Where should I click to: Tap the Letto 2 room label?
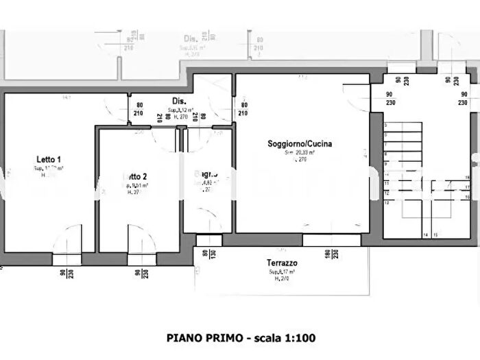(x=136, y=176)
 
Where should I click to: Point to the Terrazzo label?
(x=282, y=263)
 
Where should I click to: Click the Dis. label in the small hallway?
(x=178, y=101)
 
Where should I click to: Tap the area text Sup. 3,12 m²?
(x=182, y=110)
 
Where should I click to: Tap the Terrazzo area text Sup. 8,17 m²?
(x=282, y=272)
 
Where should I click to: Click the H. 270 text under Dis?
(x=180, y=117)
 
